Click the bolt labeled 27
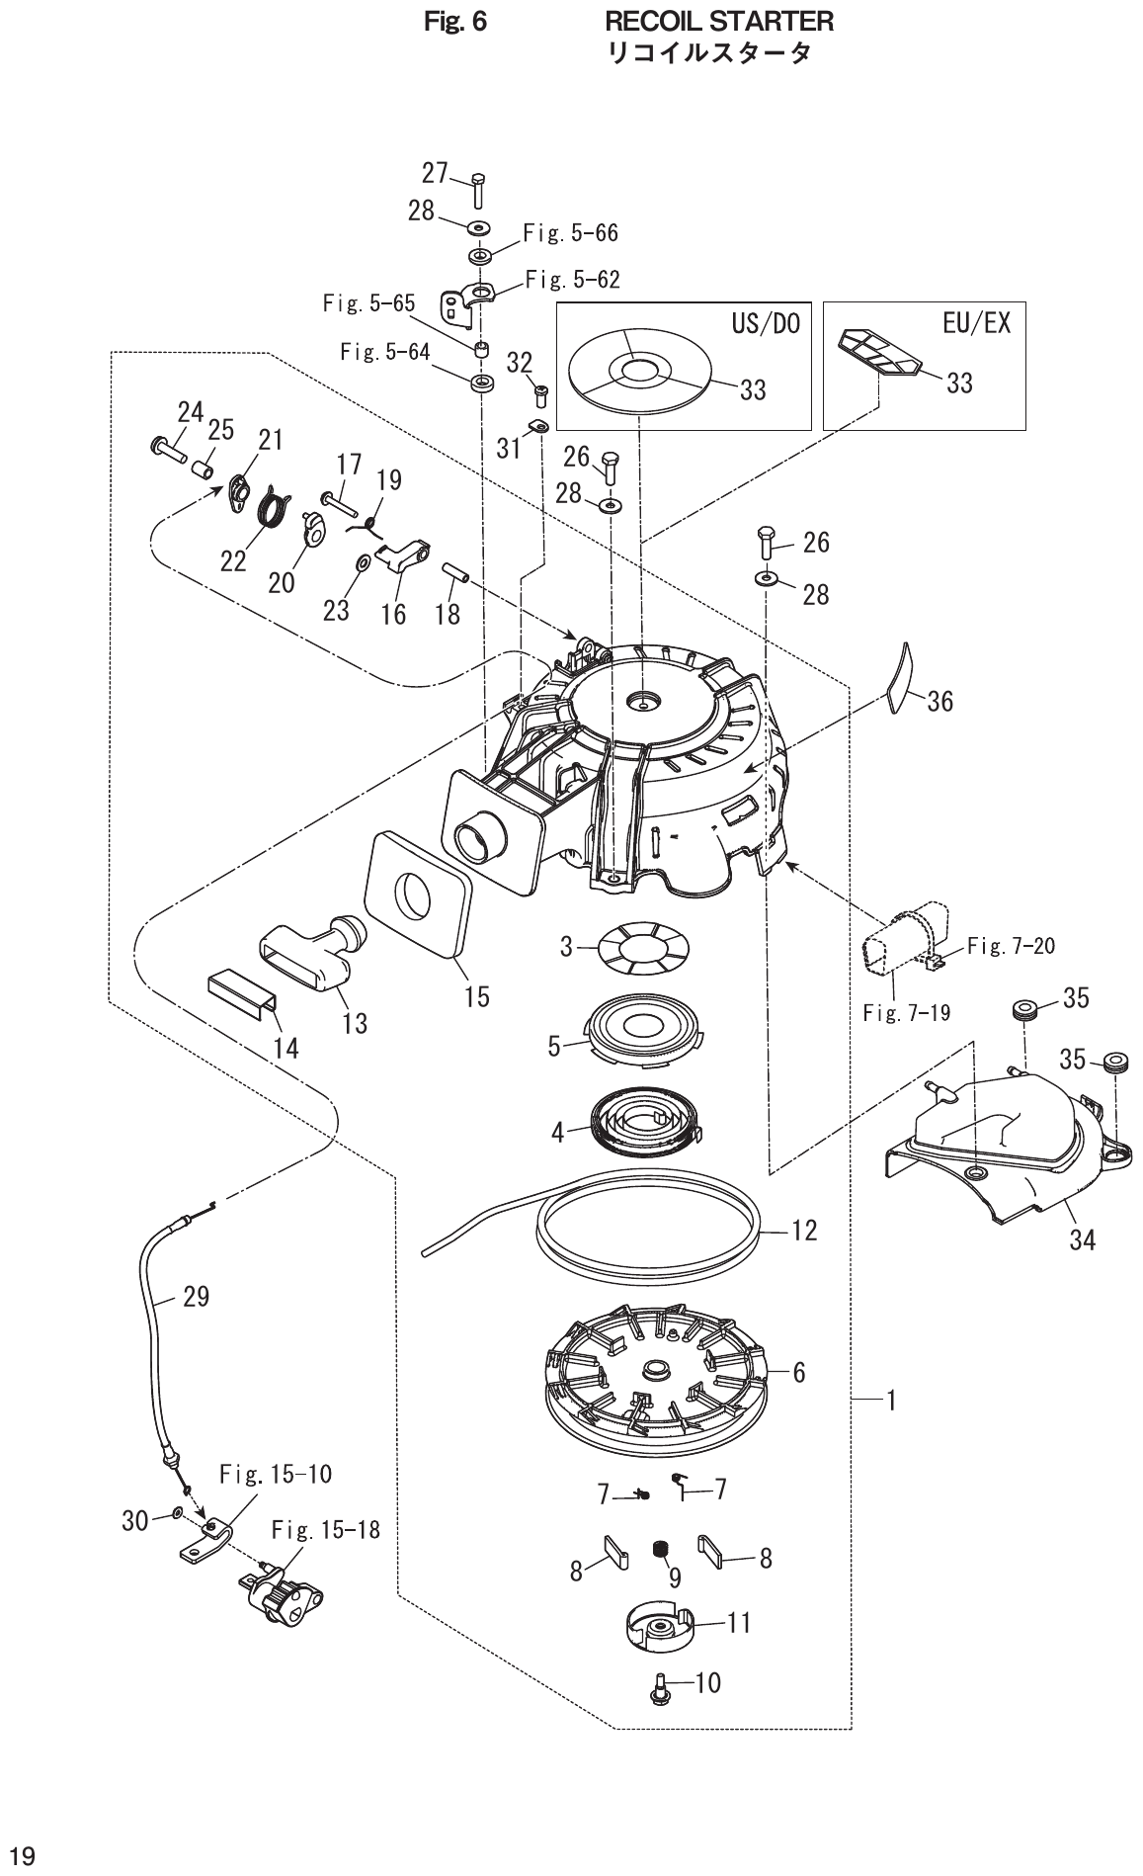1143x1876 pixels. click(479, 190)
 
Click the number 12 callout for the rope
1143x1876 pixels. click(804, 1232)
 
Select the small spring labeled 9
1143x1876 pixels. click(660, 1553)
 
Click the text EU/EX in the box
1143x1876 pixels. click(976, 323)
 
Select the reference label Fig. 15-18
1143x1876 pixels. click(325, 1530)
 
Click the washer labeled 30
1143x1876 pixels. click(175, 1514)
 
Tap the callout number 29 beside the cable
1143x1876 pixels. click(196, 1296)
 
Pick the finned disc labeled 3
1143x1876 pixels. click(641, 946)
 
